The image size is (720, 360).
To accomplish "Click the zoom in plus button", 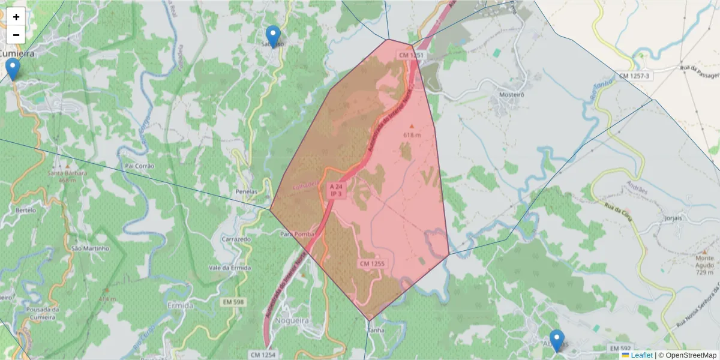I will pos(16,17).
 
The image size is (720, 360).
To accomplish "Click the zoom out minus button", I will pos(16,35).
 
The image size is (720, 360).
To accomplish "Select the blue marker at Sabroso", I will pos(273,37).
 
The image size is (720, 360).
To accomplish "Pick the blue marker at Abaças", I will pos(557,340).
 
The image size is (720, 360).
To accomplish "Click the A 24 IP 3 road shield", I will pos(335,190).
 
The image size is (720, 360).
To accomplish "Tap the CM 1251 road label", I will pos(412,55).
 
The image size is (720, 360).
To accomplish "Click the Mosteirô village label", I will pos(512,95).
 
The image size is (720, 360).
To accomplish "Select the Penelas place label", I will pos(247,192).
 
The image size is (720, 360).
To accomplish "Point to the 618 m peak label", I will pos(411,135).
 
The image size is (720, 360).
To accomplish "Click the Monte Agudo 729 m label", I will pos(704,265).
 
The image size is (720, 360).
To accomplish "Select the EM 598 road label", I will pos(232,301).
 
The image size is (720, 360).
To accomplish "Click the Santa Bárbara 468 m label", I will pos(67,176).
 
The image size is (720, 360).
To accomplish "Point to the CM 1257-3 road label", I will pos(635,76).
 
